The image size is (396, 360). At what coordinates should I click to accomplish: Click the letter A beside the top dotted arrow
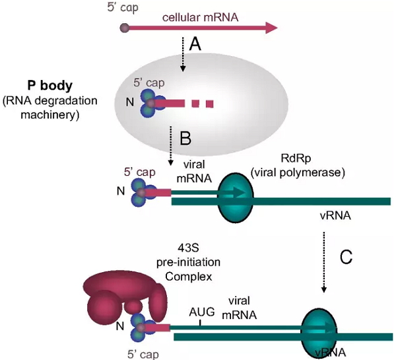pos(194,45)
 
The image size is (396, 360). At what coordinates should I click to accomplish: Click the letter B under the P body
pos(185,138)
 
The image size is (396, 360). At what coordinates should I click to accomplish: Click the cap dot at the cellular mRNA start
pos(125,28)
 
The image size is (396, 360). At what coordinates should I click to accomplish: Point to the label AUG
pos(201,310)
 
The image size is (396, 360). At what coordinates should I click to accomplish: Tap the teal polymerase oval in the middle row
pos(236,194)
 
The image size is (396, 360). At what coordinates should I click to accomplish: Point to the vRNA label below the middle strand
pos(335,215)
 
